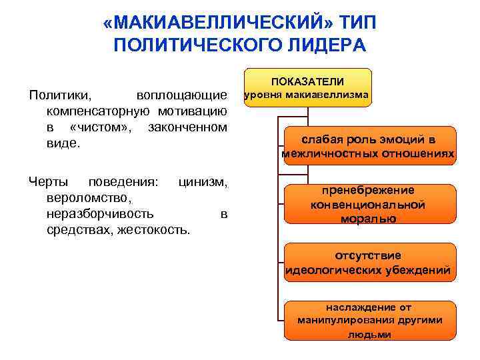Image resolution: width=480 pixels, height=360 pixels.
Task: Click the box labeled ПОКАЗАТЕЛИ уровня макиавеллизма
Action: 307,87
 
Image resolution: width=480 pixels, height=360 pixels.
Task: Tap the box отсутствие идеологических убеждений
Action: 368,263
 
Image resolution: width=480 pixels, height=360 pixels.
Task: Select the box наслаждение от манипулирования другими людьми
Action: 368,321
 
